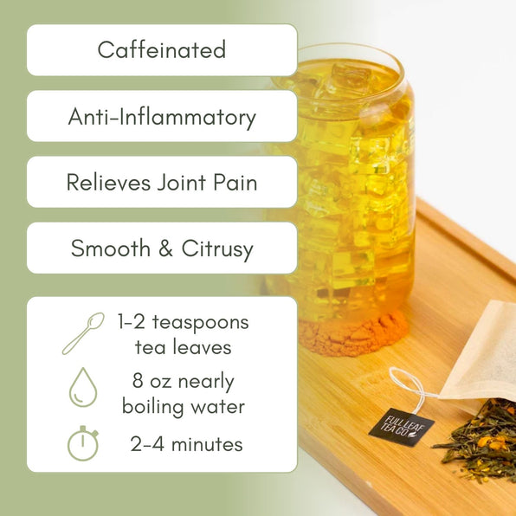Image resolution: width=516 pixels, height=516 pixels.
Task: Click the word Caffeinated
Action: [x=162, y=49]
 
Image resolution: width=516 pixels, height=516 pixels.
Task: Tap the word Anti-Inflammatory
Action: [x=162, y=116]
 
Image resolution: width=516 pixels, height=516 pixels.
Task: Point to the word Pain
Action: [x=235, y=183]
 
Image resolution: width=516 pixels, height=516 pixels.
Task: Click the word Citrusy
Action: [x=217, y=249]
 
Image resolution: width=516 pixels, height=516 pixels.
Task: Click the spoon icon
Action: [x=82, y=333]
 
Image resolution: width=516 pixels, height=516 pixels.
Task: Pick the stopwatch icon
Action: [x=82, y=443]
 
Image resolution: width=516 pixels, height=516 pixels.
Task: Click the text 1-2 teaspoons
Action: [x=183, y=323]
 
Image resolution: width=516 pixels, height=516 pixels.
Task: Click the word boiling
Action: [x=157, y=405]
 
